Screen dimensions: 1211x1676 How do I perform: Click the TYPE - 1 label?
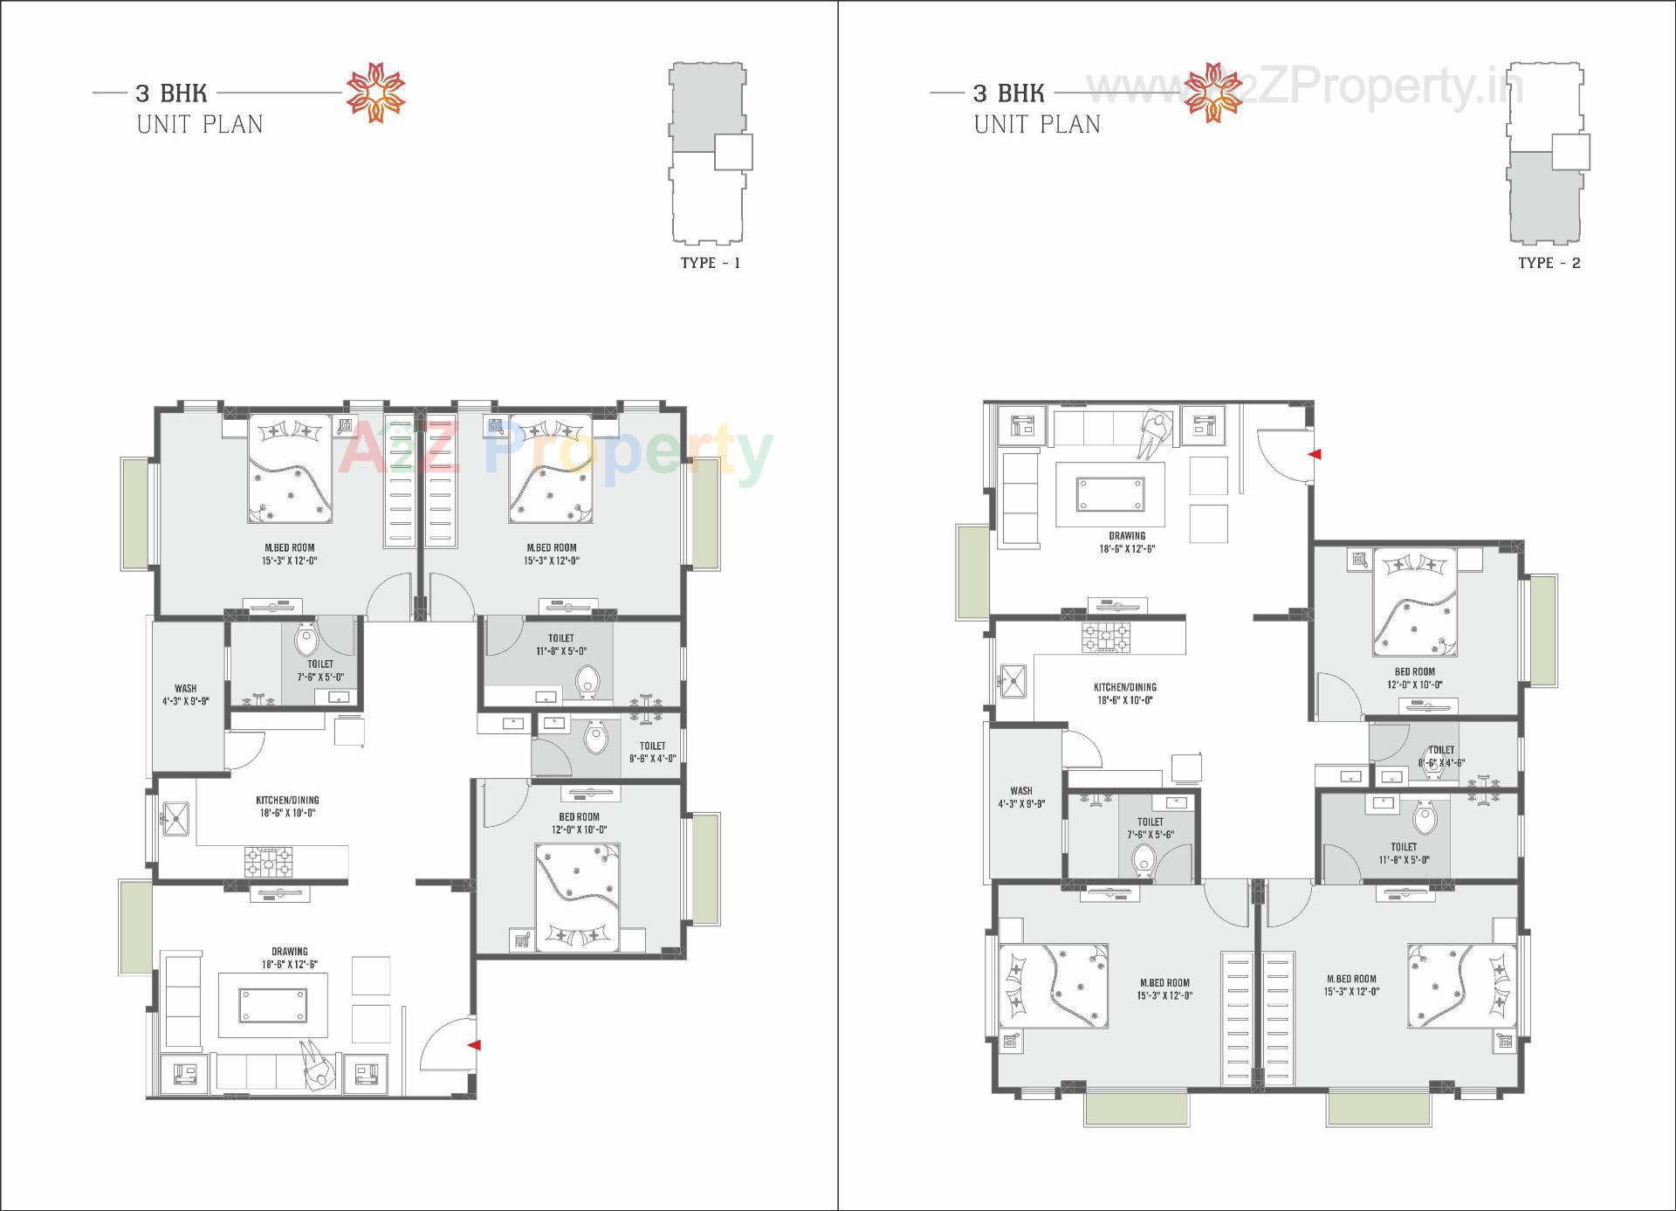click(710, 263)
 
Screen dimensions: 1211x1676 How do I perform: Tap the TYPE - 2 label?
click(1549, 263)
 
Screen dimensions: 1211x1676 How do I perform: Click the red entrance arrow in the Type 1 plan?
click(473, 1044)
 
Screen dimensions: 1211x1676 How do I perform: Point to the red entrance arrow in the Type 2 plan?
click(1314, 454)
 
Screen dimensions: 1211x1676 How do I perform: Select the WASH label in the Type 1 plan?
click(185, 688)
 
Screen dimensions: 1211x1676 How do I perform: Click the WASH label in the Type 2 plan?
click(1020, 791)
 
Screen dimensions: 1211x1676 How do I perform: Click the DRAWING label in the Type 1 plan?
click(289, 952)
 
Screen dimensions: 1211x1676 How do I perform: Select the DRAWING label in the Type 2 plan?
click(1127, 536)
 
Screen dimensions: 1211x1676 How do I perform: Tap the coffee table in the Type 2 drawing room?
click(1110, 493)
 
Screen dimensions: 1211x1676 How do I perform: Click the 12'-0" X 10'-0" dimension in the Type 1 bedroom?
click(579, 830)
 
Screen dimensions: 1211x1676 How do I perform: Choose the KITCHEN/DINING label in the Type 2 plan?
click(1125, 687)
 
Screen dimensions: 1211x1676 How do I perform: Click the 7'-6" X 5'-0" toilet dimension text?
click(319, 677)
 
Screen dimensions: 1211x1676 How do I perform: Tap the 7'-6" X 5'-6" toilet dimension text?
click(1150, 835)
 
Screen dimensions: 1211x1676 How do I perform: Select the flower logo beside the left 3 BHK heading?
click(376, 92)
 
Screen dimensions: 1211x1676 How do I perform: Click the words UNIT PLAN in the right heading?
click(1037, 125)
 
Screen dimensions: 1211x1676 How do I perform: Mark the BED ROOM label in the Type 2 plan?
click(1414, 672)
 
